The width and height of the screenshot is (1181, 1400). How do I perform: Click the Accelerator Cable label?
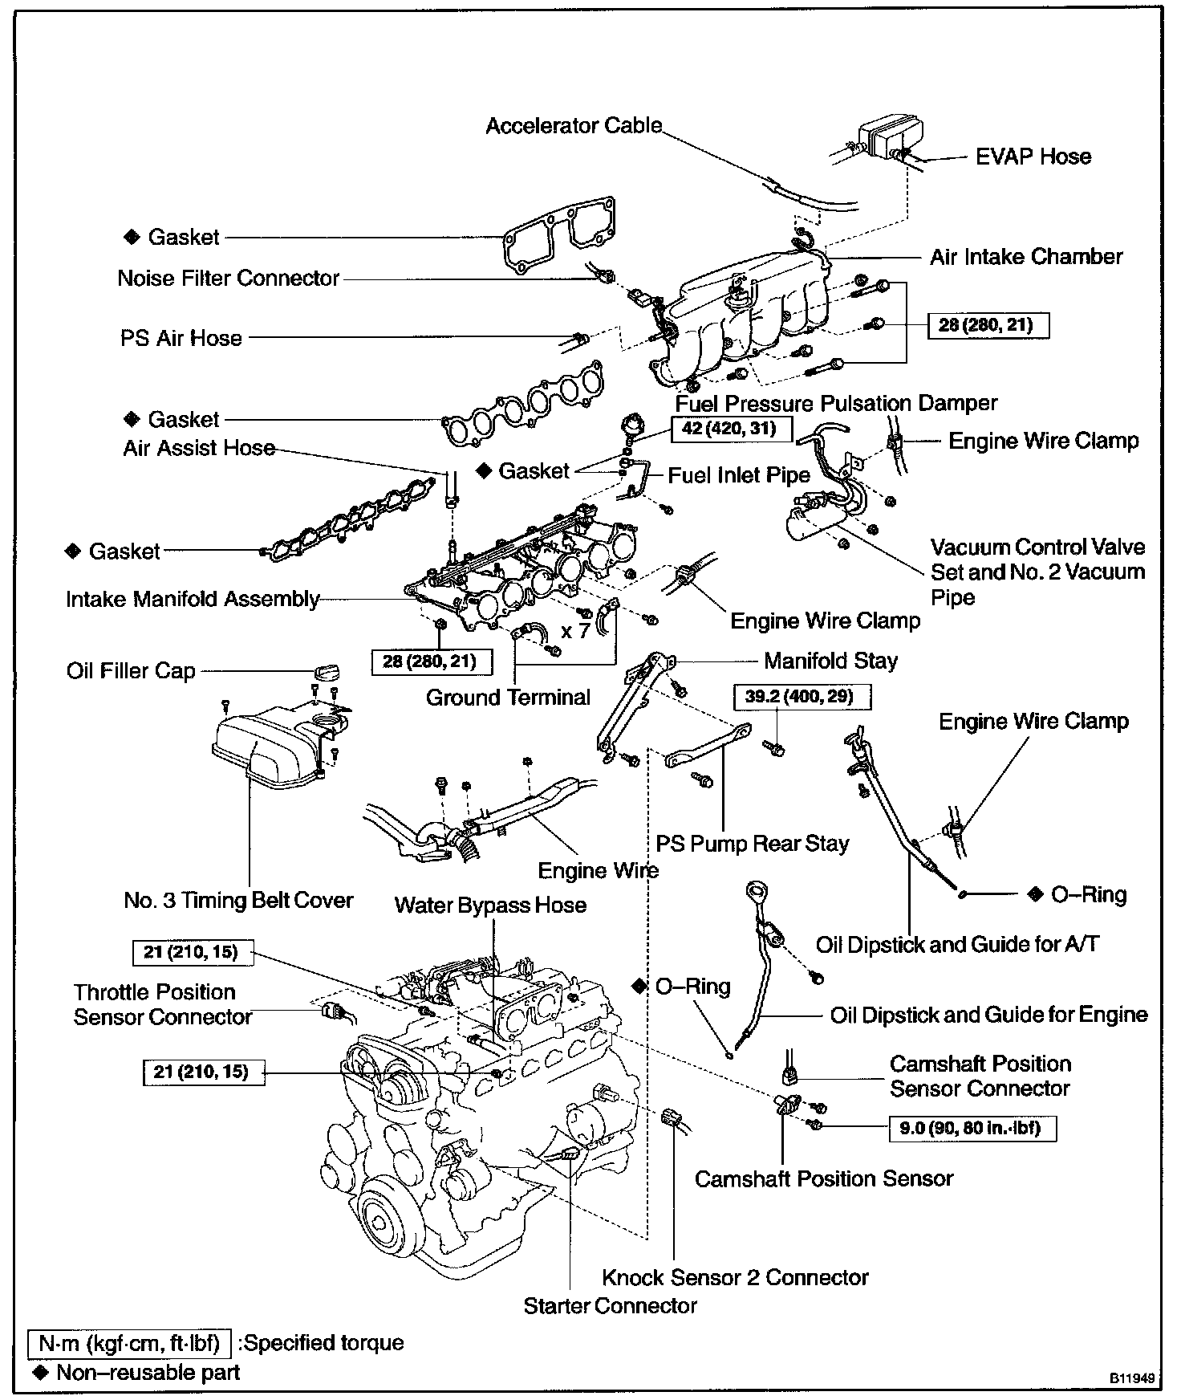tap(574, 126)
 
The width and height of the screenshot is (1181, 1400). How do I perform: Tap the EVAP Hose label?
tap(1033, 156)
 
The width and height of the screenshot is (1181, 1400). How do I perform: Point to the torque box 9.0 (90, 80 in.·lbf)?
tap(972, 1128)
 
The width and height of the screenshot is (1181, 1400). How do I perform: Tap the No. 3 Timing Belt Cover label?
tap(238, 900)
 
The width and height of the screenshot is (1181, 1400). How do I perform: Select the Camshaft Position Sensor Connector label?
tap(980, 1076)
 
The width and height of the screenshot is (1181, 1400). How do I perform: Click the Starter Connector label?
tap(610, 1306)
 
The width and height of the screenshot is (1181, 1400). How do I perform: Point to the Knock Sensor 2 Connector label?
tap(735, 1277)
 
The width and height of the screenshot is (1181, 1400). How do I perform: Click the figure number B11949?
tap(1132, 1378)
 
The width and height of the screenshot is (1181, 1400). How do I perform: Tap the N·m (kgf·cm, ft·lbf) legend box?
tap(130, 1343)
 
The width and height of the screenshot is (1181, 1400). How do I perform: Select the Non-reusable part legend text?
tap(148, 1372)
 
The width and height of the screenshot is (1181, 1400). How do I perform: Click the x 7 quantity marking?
tap(575, 631)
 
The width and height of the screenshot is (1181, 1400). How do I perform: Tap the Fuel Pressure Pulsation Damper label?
tap(836, 403)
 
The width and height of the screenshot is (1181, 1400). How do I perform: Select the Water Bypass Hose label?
tap(490, 906)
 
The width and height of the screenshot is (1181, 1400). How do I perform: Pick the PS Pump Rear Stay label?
tap(752, 844)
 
